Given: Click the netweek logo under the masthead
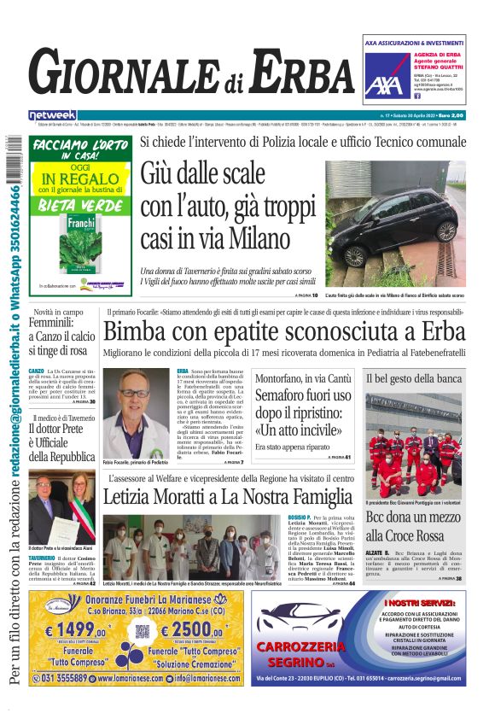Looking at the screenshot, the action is point(52,115).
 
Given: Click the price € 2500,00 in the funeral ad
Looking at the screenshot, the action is point(191,629).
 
